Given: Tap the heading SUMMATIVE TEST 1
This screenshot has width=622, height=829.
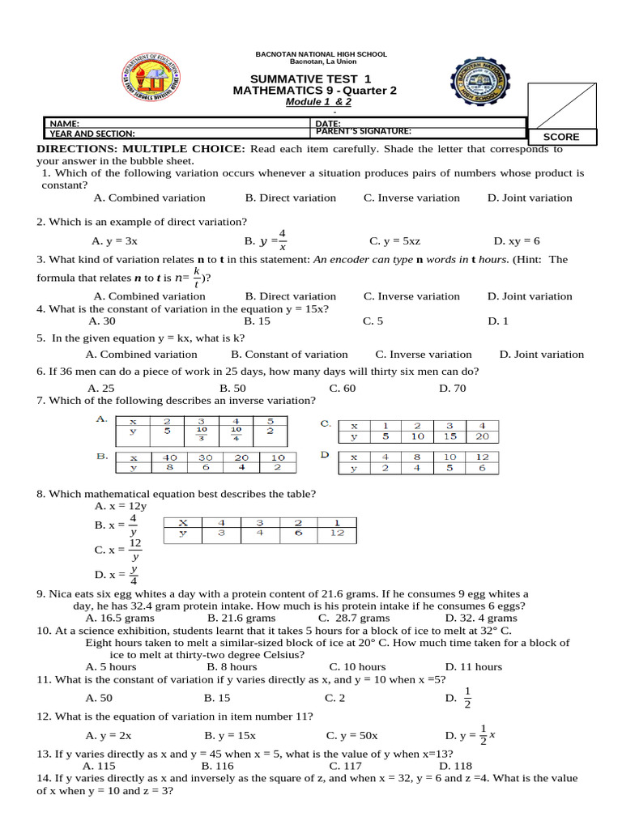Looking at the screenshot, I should click(x=315, y=79).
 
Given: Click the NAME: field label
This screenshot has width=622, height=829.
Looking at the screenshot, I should click(x=65, y=123).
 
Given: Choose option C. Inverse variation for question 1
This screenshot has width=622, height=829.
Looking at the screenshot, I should click(x=411, y=198).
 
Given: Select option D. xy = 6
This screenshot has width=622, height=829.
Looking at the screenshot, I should click(x=516, y=240).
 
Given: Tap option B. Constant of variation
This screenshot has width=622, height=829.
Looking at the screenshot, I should click(x=289, y=354).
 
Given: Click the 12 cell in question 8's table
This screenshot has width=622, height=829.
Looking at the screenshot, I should click(x=338, y=533).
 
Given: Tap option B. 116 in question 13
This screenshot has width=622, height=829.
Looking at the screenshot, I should click(x=218, y=765).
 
